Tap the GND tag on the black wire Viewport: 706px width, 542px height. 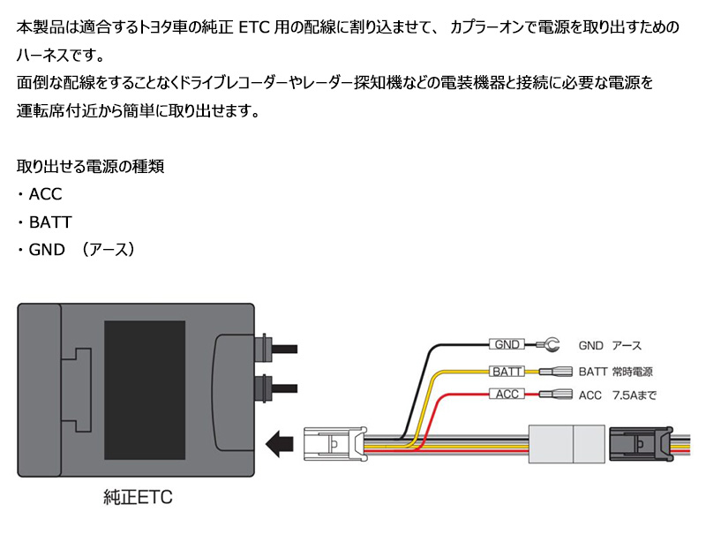pos(507,344)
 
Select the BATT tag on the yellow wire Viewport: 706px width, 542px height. pos(508,371)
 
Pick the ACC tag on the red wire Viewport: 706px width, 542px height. pos(507,394)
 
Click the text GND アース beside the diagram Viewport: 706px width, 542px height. pos(610,345)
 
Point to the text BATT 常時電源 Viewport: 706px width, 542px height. pos(618,371)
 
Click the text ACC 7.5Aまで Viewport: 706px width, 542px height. pos(618,395)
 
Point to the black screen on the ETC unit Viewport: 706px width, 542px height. pos(146,386)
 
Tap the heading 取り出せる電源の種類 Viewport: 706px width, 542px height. pos(91,166)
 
